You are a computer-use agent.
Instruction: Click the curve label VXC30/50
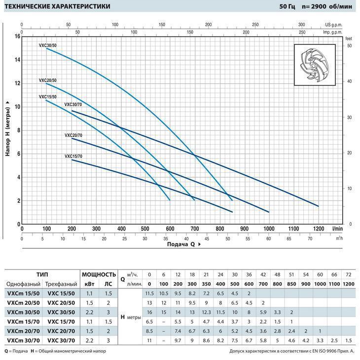[x=48, y=45]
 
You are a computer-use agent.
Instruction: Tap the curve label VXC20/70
[x=73, y=135]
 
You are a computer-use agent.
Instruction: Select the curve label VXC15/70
[x=73, y=156]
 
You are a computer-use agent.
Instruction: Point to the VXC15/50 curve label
[x=48, y=97]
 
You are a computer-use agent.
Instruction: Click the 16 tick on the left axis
[x=17, y=36]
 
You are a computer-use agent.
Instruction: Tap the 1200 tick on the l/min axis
[x=318, y=229]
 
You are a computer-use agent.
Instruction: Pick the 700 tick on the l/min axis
[x=195, y=229]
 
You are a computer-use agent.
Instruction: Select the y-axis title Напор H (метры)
[x=8, y=128]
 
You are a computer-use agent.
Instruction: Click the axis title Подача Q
[x=183, y=244]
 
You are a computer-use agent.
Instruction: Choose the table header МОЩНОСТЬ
[x=99, y=274]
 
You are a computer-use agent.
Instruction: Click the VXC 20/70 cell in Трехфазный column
[x=61, y=331]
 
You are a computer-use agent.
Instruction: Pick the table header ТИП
[x=42, y=274]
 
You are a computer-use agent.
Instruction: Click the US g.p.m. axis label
[x=334, y=24]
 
